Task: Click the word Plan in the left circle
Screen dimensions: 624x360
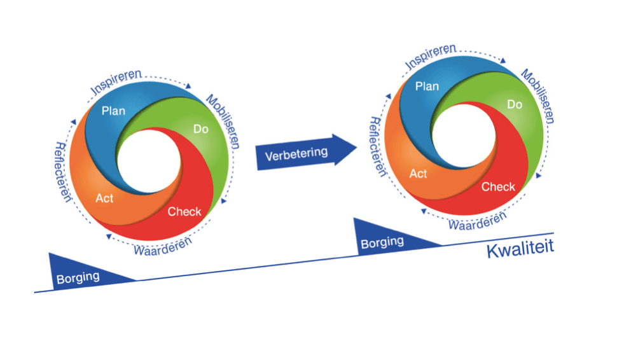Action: (x=113, y=111)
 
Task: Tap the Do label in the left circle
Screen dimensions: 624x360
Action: (x=201, y=129)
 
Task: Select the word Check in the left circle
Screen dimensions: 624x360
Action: (x=184, y=211)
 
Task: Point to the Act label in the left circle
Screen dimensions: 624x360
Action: (x=105, y=198)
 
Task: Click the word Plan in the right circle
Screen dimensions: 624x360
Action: (x=427, y=86)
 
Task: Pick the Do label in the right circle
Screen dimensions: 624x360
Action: (x=515, y=104)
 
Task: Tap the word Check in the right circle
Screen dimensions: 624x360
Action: (x=498, y=186)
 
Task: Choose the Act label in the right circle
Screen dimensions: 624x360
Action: (x=419, y=174)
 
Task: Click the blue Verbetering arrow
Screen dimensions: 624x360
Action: (x=305, y=152)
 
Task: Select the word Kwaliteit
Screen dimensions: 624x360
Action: (x=520, y=249)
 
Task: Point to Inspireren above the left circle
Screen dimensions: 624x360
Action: (x=116, y=82)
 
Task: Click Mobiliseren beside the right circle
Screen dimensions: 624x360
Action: (x=538, y=96)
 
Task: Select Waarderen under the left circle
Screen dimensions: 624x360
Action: (x=162, y=246)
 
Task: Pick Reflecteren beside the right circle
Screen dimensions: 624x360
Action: (x=377, y=146)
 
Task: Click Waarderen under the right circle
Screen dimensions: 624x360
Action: (x=478, y=220)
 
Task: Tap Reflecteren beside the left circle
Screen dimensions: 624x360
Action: (x=62, y=172)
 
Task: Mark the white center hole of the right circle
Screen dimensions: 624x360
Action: (x=464, y=136)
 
